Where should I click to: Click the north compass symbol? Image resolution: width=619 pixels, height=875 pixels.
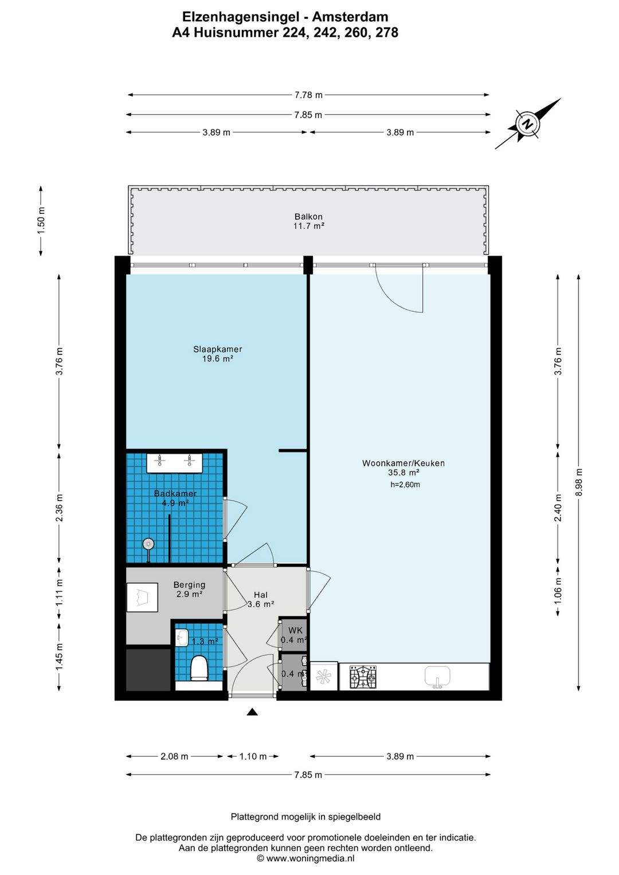point(528,124)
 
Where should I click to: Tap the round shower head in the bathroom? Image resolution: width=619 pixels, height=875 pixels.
point(148,544)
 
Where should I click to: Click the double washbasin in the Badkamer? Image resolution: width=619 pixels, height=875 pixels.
point(174,463)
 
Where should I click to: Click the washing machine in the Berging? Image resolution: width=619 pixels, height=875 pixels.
point(142,597)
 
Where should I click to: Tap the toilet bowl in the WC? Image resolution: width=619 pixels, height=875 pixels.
point(200,667)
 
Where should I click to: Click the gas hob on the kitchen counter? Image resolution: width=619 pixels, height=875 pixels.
point(363,677)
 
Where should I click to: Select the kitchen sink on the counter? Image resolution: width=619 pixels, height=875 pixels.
point(437,676)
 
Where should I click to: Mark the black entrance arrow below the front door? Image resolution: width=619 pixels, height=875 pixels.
point(253,712)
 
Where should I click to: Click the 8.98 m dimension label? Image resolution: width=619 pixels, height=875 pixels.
point(578,482)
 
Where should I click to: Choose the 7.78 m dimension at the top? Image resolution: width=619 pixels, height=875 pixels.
point(308,95)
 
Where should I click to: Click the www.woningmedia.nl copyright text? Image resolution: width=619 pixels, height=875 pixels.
point(306,858)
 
